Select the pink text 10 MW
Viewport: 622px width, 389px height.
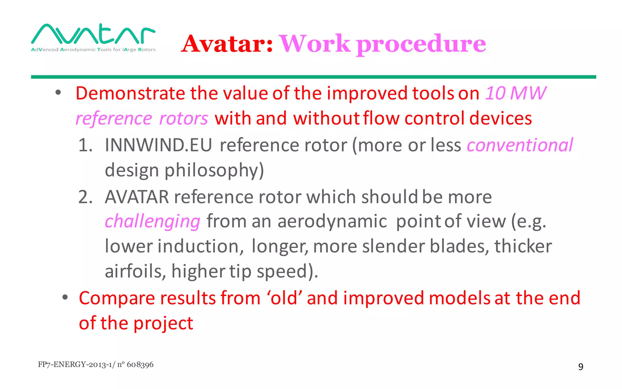click(515, 93)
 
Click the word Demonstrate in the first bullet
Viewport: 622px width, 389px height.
click(130, 93)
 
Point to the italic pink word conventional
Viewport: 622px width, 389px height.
click(520, 145)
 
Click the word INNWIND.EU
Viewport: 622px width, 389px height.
click(158, 145)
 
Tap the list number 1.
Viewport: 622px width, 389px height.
click(85, 145)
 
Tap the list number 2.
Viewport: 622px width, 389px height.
click(85, 197)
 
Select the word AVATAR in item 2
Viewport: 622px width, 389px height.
click(137, 197)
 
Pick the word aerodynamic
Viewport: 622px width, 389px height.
click(332, 221)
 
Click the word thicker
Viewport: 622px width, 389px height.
click(523, 246)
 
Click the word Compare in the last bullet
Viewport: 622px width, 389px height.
click(117, 298)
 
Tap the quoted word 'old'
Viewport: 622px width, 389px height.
click(284, 298)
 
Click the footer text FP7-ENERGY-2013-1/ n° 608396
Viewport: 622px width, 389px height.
click(96, 364)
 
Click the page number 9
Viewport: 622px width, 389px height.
click(581, 367)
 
